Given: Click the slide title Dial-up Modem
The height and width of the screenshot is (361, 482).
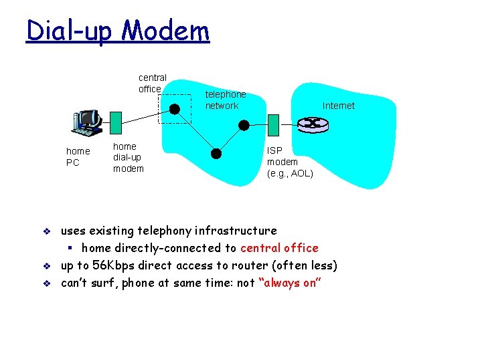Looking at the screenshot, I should tap(117, 31).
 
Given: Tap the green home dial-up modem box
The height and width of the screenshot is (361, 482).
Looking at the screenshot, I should tap(115, 122).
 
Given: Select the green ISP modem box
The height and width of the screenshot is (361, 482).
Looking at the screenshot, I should tap(272, 124).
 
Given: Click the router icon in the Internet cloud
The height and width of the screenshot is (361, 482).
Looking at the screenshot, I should tap(310, 124).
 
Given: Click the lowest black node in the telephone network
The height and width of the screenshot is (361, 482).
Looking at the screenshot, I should tap(216, 153).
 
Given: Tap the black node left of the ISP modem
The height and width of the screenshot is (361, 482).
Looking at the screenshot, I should tap(244, 125).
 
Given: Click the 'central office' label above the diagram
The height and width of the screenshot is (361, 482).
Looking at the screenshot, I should tap(152, 84).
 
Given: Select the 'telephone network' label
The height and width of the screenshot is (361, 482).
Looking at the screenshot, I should tap(225, 100).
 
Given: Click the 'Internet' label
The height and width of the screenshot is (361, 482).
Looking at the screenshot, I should tap(338, 106).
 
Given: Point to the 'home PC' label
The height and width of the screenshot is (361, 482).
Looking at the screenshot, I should tap(78, 157).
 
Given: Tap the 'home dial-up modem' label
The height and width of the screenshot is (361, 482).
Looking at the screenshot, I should tap(128, 158).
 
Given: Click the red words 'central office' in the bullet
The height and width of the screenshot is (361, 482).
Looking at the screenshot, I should tap(279, 248).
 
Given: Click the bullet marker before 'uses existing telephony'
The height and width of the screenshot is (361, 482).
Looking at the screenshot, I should tap(46, 231).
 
